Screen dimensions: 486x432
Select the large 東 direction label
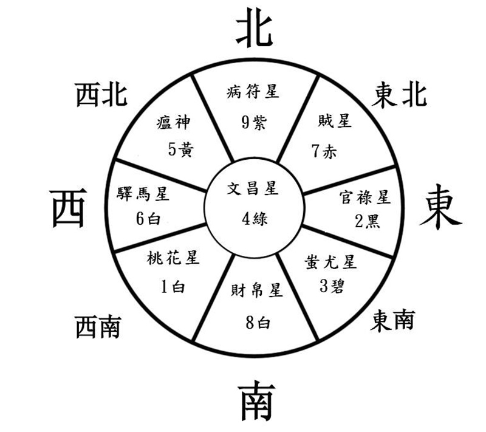[x=440, y=207]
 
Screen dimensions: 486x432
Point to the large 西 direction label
[x=68, y=208]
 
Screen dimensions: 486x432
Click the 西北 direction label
[x=101, y=95]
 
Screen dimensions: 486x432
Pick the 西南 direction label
[x=98, y=327]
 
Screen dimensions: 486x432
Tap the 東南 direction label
[x=392, y=321]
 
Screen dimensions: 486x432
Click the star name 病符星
[x=253, y=92]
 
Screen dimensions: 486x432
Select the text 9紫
[x=254, y=122]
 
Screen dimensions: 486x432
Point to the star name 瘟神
[x=173, y=122]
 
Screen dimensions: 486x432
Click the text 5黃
[x=181, y=149]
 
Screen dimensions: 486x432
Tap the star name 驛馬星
[x=143, y=194]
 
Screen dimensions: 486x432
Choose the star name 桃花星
[x=173, y=258]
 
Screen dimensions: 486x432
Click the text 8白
[x=258, y=323]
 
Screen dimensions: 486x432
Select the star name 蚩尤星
[x=330, y=262]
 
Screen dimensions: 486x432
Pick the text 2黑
[x=368, y=221]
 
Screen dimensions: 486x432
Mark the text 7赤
[x=324, y=151]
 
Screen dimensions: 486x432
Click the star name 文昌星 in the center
[x=253, y=188]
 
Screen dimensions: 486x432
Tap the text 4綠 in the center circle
[x=255, y=219]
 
